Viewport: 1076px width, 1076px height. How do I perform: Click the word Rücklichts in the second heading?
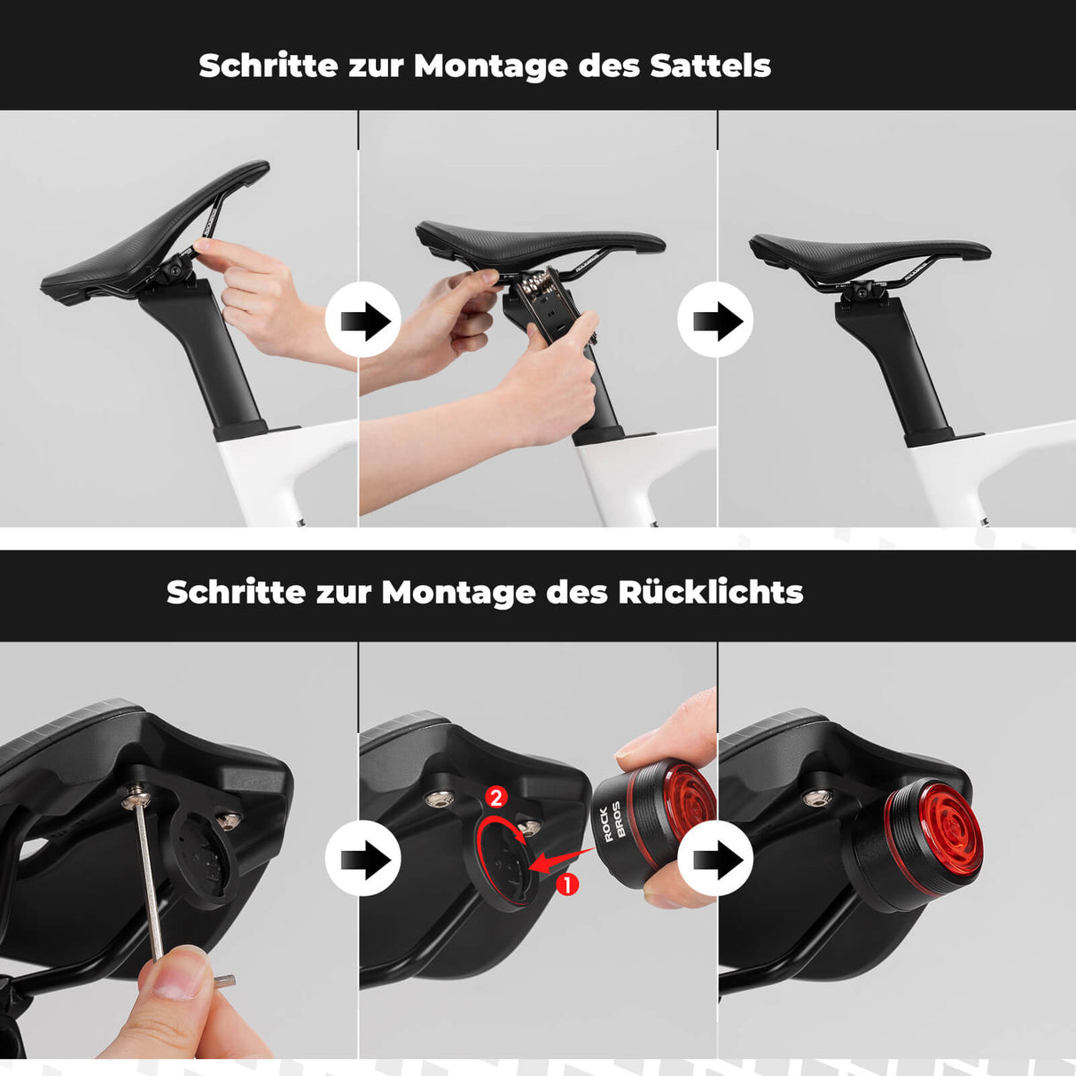click(710, 592)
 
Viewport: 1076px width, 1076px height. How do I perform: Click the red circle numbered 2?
click(495, 797)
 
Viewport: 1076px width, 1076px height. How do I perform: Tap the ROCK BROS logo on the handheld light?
click(612, 822)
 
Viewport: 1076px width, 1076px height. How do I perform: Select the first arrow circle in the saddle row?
click(363, 320)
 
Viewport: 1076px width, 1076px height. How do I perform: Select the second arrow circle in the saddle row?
click(714, 320)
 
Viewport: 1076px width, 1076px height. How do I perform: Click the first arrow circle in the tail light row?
click(363, 858)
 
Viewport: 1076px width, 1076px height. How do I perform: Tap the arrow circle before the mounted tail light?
click(714, 858)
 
